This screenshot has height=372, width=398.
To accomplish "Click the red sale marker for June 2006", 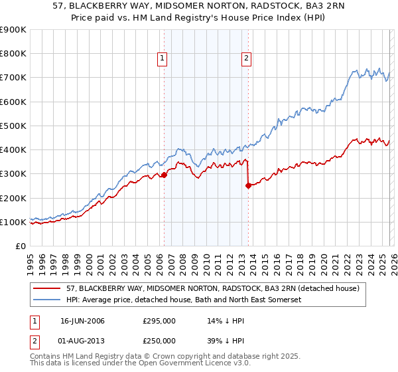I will click(x=164, y=175).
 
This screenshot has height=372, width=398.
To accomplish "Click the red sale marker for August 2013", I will click(x=248, y=186).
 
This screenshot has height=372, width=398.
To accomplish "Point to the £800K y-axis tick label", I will click(x=13, y=54).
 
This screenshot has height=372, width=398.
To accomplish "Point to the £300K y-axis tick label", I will click(x=13, y=174).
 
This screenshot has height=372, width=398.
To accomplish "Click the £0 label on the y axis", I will click(x=20, y=246).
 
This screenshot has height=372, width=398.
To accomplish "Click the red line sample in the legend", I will click(x=47, y=288).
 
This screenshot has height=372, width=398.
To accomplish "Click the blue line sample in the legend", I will click(x=47, y=300).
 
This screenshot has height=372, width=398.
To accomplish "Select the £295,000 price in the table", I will click(x=159, y=321).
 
